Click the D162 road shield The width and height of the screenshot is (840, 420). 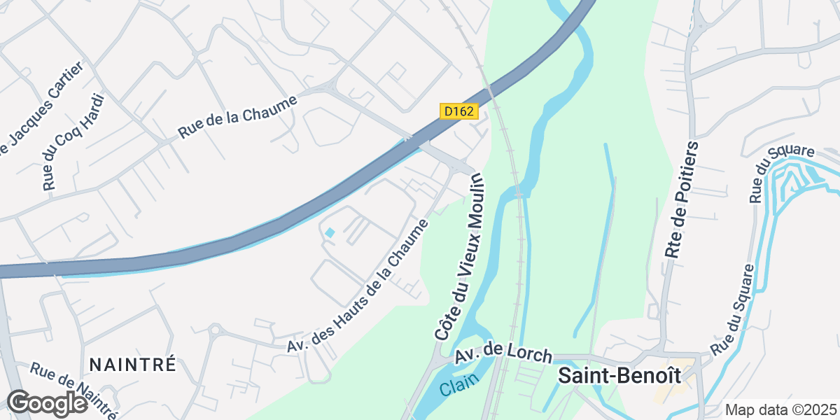pos(458,111)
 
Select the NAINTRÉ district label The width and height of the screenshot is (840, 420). pos(132,365)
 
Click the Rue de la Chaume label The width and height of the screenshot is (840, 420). pos(238,116)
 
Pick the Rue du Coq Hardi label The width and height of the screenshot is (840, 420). pos(73,142)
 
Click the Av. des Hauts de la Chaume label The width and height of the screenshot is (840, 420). pos(358,286)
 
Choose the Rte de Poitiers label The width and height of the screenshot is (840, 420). pos(682,200)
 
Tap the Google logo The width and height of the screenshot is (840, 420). pos(47,404)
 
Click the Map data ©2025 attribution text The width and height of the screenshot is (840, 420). pos(780,409)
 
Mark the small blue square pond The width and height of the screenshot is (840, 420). pos(330,232)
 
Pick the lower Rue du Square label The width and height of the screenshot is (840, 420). pos(732,309)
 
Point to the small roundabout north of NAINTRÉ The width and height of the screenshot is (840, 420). pos(215,329)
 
